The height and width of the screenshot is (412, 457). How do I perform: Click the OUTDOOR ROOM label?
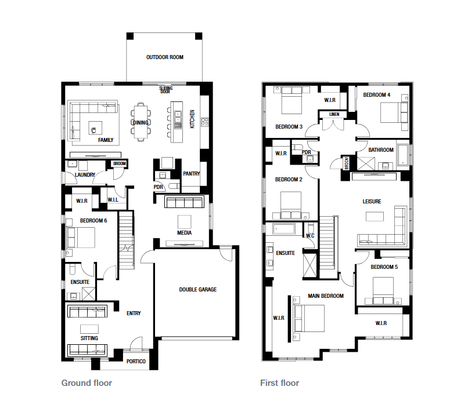tap(165, 57)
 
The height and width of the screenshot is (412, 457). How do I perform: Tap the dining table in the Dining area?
tap(141, 122)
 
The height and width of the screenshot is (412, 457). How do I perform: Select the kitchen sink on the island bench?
tap(178, 119)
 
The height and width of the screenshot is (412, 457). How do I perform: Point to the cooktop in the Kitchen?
tap(204, 122)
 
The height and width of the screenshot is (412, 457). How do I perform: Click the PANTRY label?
tap(192, 174)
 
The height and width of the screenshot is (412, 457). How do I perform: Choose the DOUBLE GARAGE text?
tap(198, 290)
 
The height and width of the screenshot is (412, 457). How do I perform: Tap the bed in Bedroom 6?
tap(81, 238)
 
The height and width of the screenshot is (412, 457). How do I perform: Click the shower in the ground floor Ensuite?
tap(89, 294)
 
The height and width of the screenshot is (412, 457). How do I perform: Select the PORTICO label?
tap(136, 362)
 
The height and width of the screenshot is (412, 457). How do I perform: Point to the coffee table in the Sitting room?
tap(89, 329)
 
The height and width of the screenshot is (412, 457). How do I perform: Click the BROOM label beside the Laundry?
tap(120, 163)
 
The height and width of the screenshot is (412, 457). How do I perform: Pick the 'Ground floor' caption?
tap(87, 383)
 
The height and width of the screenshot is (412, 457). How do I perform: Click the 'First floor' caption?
tap(279, 383)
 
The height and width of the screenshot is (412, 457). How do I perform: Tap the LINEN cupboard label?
tap(334, 114)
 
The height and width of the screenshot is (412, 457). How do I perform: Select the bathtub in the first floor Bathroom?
tap(404, 155)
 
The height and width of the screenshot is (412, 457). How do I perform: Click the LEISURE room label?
tap(372, 202)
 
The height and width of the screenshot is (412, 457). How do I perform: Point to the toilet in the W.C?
tap(311, 227)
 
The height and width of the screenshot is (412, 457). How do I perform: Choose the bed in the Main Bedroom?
tap(309, 318)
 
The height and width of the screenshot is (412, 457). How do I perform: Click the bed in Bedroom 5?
tap(383, 291)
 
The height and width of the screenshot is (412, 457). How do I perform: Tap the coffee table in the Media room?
tap(185, 222)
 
